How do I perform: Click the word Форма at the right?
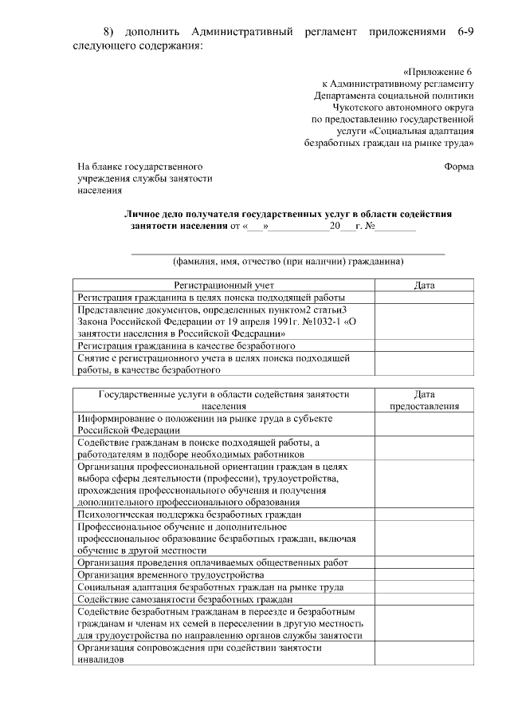pos(458,167)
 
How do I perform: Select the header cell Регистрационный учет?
pos(224,284)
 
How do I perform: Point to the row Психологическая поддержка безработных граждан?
pos(189,515)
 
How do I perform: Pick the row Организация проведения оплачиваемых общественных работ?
pos(213,562)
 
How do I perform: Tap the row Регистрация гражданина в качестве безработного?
pos(186,346)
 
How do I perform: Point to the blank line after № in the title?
pos(396,227)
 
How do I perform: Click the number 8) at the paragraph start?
pos(111,30)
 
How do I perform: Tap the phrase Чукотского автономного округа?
pos(414,106)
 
